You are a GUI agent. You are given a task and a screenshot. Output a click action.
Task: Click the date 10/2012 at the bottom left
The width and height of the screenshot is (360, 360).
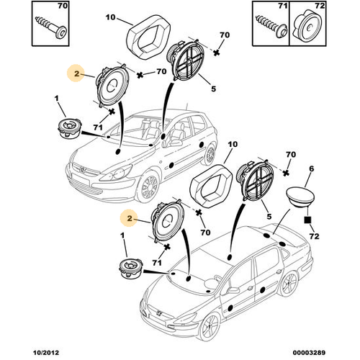pos(45,353)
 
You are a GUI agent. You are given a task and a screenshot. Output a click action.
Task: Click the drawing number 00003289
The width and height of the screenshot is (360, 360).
pos(309,353)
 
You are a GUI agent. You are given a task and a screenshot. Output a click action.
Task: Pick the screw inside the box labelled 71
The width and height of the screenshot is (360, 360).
pos(271,27)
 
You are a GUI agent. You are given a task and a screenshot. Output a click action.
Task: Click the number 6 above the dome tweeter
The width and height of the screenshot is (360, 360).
pos(311,168)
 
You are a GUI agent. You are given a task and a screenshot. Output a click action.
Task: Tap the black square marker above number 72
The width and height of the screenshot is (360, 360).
pos(307,220)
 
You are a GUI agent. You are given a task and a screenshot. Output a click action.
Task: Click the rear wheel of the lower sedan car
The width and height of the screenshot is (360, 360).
pos(289,285)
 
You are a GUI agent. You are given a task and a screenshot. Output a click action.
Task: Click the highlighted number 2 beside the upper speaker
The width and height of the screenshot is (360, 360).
pos(76,73)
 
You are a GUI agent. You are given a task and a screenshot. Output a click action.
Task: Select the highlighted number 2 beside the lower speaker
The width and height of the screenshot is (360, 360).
pos(130,218)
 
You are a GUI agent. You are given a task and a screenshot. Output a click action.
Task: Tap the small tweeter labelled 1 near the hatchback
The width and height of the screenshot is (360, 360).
pos(70,128)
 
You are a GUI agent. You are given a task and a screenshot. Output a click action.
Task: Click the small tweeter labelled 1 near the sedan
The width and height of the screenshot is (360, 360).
pos(131,269)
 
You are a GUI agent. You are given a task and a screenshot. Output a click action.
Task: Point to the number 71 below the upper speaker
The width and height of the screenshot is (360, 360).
pos(98,127)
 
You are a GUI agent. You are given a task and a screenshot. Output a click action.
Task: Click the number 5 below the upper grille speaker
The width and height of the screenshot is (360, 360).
pos(213,89)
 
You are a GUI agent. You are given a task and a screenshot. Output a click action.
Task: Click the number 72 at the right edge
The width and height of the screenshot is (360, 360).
pos(314,236)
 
